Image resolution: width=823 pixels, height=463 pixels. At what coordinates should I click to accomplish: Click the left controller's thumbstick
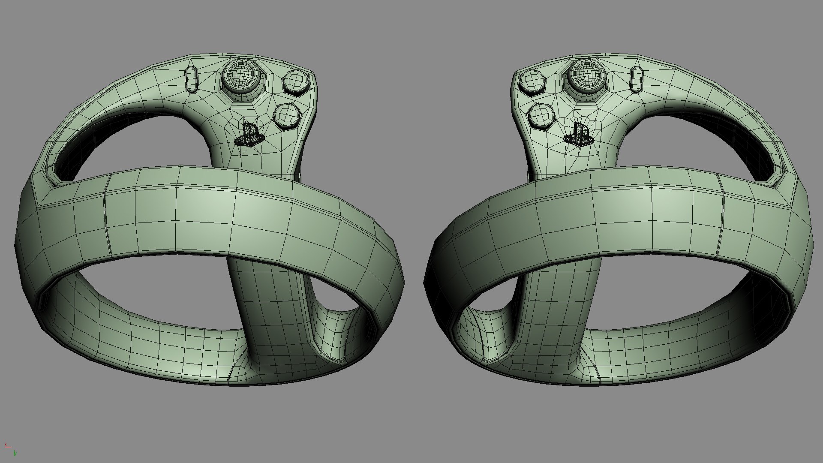241,74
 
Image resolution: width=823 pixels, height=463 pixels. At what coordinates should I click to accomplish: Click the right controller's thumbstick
587,74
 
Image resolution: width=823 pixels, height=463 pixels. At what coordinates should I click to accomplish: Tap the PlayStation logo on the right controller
579,134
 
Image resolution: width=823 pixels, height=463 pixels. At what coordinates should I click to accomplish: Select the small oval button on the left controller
192,80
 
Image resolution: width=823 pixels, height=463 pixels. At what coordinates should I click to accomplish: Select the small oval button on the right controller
637,80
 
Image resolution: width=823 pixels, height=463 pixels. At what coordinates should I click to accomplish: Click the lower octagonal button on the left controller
287,116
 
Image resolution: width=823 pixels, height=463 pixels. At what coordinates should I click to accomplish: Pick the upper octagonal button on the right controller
532,82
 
